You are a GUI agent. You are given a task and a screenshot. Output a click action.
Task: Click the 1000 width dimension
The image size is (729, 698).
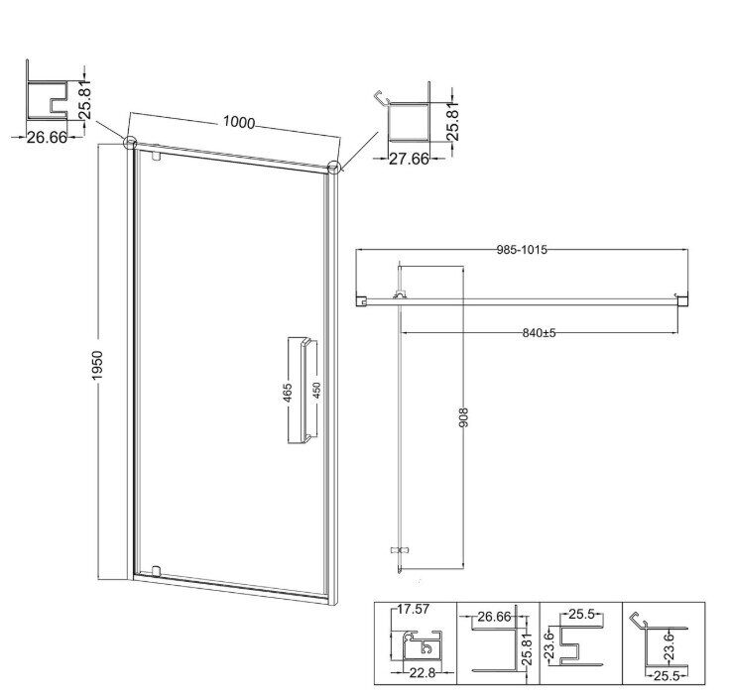(239, 122)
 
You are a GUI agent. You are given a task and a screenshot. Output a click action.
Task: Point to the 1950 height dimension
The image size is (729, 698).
(97, 365)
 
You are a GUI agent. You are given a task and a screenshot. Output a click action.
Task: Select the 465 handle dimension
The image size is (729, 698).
(288, 393)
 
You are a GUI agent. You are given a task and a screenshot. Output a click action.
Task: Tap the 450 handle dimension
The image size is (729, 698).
(316, 392)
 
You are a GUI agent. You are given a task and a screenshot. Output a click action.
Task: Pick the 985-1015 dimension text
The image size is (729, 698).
(522, 250)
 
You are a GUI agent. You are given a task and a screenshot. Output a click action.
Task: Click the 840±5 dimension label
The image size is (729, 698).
(539, 333)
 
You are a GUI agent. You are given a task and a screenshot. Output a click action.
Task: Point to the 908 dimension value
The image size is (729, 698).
(463, 416)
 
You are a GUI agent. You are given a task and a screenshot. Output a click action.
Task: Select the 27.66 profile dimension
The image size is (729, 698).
(409, 159)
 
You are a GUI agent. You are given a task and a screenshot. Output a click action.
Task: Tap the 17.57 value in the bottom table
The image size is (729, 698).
(413, 609)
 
